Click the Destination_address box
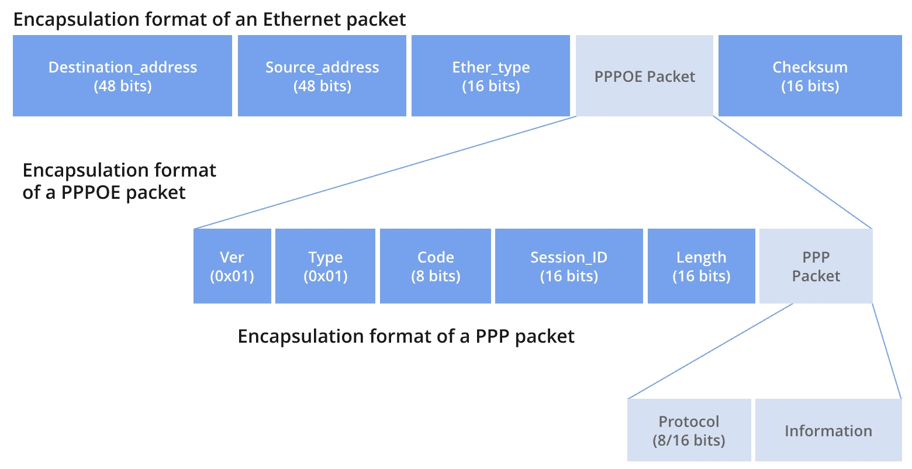122,76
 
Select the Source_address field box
322,76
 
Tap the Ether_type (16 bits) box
490,76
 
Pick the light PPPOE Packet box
644,76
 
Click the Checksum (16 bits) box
810,76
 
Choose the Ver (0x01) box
232,266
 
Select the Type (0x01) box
325,266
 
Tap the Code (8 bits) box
436,266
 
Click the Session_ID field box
569,266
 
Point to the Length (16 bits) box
701,266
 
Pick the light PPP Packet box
816,266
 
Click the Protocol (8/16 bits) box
689,430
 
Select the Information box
828,430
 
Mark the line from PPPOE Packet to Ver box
386,172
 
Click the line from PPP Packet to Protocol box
710,351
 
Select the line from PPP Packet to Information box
887,351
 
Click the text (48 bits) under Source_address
322,87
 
